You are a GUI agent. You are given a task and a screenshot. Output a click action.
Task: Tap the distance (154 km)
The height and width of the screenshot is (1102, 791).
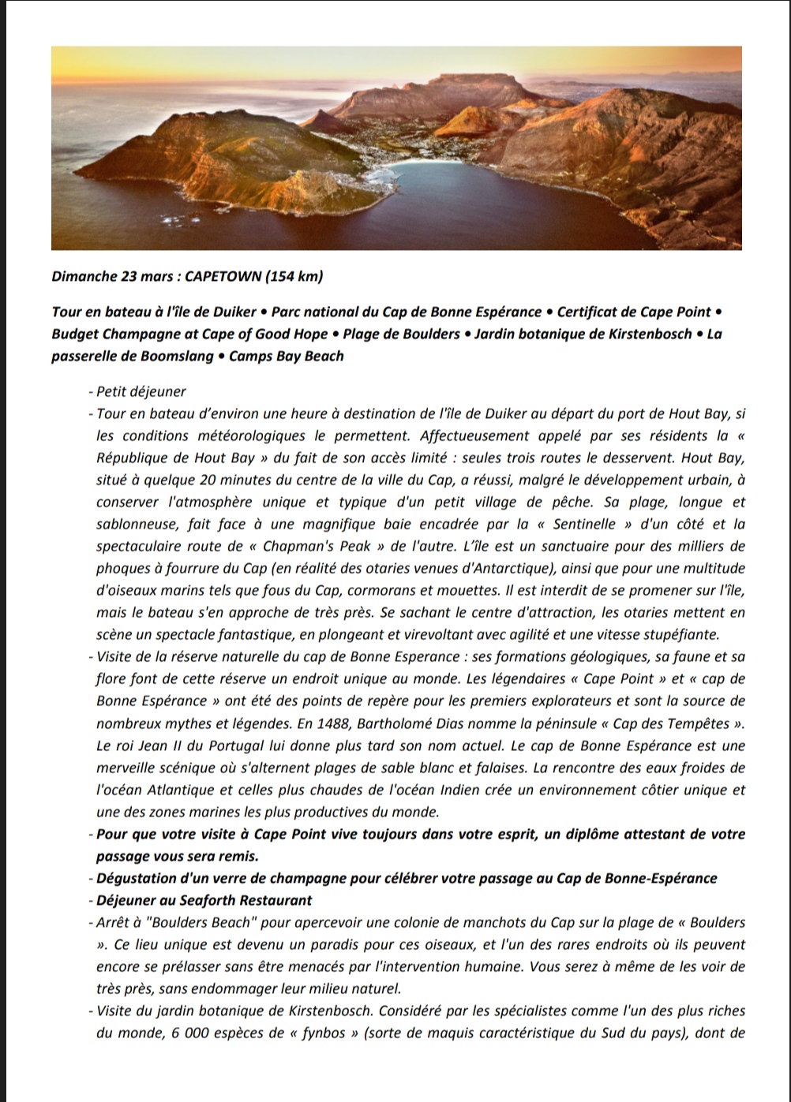coord(294,276)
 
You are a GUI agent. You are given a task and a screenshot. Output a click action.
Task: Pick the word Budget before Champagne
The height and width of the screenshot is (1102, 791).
coord(77,334)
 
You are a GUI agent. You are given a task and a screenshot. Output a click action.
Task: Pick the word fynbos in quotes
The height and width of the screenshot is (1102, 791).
coord(324,1033)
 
